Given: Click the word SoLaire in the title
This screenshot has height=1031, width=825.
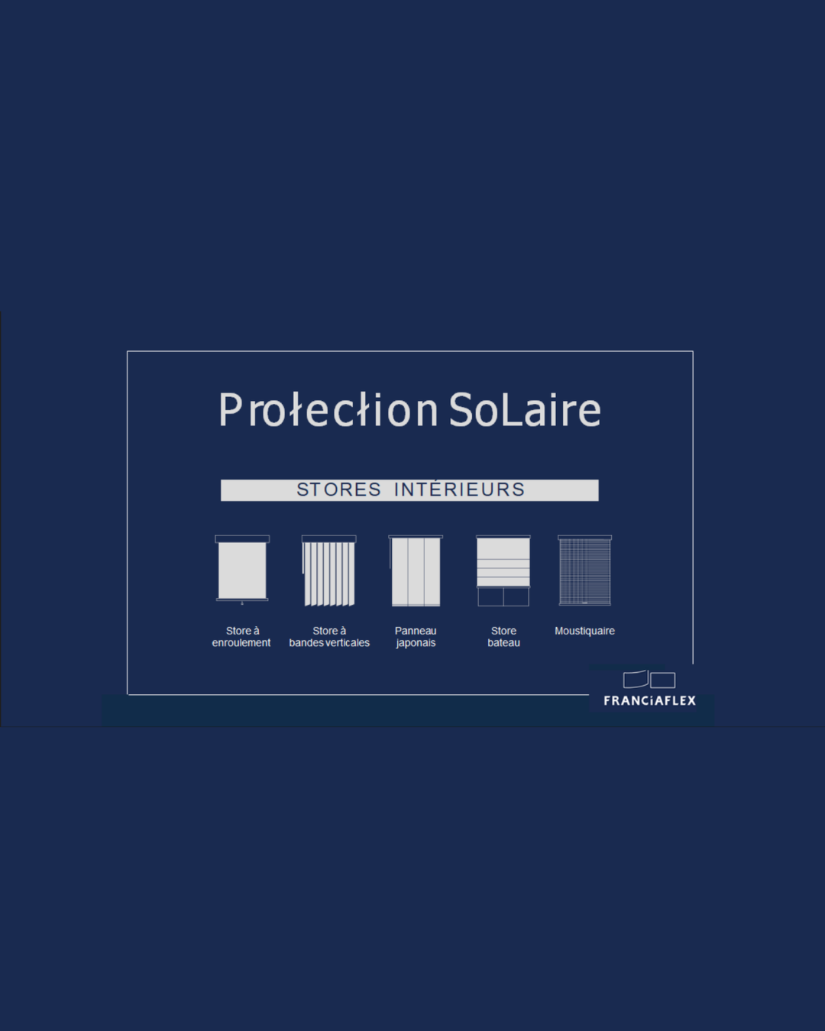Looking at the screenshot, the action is (x=525, y=409).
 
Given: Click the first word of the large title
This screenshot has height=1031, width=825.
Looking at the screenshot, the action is (x=328, y=409).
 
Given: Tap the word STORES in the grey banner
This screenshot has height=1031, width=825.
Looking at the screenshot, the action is (x=338, y=490).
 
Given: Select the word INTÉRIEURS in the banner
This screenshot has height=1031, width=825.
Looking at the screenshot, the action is (x=459, y=490).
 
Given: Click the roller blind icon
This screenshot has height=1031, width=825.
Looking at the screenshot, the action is (x=242, y=570).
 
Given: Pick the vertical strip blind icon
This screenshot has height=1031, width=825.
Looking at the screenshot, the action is (x=328, y=570).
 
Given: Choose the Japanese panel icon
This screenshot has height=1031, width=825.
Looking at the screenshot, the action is (x=415, y=570).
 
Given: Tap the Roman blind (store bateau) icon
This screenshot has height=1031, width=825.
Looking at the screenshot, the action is (x=503, y=570).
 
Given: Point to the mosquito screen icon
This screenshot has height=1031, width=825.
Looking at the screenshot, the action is (x=585, y=570).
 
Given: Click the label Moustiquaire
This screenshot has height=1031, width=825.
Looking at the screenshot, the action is (x=584, y=631).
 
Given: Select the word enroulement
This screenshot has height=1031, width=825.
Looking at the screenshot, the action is (x=241, y=643).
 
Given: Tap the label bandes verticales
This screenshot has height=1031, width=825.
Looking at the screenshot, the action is (x=329, y=643).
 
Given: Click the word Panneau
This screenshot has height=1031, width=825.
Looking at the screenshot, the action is (x=415, y=631).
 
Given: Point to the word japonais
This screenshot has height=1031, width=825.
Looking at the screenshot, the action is (x=416, y=643).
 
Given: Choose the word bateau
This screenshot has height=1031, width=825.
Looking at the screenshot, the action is (x=504, y=643).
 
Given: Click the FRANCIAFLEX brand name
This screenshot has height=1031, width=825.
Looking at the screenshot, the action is (x=649, y=701).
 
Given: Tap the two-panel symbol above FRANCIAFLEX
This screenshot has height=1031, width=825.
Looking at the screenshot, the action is (x=649, y=680).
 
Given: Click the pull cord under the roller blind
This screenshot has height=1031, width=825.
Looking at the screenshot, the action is (x=242, y=603).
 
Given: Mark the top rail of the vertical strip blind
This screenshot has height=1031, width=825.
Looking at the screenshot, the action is (x=328, y=538).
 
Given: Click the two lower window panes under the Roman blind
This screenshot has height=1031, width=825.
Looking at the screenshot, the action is (x=503, y=597).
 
